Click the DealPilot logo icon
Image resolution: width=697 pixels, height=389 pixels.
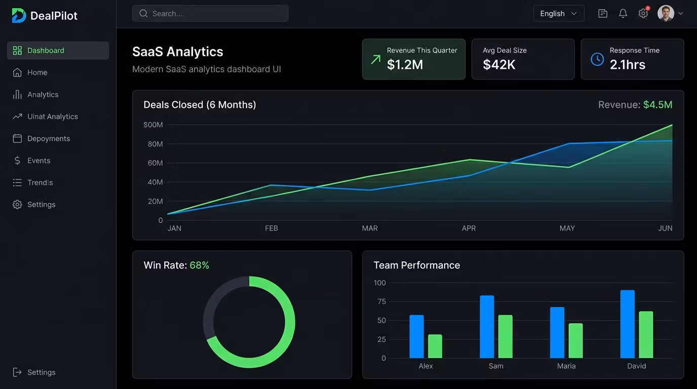coord(19,15)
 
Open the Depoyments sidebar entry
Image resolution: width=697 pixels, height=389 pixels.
coord(49,138)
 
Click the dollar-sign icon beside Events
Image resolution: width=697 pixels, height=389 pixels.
coord(17,161)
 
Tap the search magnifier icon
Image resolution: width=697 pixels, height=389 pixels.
coord(143,13)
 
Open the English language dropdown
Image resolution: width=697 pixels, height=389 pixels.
coord(559,13)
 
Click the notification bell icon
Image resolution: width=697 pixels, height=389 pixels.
coord(623,13)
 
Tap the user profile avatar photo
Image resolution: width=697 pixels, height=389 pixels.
coord(666,13)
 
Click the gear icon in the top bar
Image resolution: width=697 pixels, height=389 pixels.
coord(643,13)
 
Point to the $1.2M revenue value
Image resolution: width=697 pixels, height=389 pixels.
coord(405,65)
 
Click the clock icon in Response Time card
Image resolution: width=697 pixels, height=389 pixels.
coord(597,59)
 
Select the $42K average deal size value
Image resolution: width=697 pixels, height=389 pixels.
coord(499,65)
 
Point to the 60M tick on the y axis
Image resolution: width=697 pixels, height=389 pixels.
coord(156,163)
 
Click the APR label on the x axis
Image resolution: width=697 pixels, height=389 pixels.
coord(469,228)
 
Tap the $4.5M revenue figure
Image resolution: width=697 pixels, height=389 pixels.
coord(658,104)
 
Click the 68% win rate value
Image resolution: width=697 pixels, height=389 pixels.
coord(199,265)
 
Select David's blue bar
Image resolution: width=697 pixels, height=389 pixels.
coord(627,324)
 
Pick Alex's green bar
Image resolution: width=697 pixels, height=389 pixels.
coord(435,346)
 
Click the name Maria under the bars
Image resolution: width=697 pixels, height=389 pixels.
coord(566,366)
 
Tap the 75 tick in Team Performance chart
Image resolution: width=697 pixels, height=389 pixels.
coord(381,301)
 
